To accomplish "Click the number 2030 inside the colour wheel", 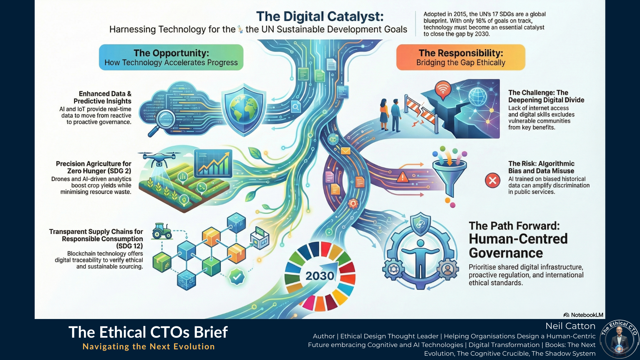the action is [320, 276].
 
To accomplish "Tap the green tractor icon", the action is [162, 231].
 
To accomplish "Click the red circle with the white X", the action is [492, 181].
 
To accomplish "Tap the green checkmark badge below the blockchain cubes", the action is [237, 277].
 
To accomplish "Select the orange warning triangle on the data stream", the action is [402, 177].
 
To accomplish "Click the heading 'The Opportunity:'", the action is [171, 53].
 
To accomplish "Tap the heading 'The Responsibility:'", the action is [461, 53].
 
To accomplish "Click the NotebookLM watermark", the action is [583, 315].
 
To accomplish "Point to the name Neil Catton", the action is [570, 326].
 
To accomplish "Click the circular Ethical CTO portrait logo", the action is [619, 339].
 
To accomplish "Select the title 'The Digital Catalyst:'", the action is [320, 16].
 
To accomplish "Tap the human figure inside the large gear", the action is [420, 258].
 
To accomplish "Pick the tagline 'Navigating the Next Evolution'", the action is [149, 347].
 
